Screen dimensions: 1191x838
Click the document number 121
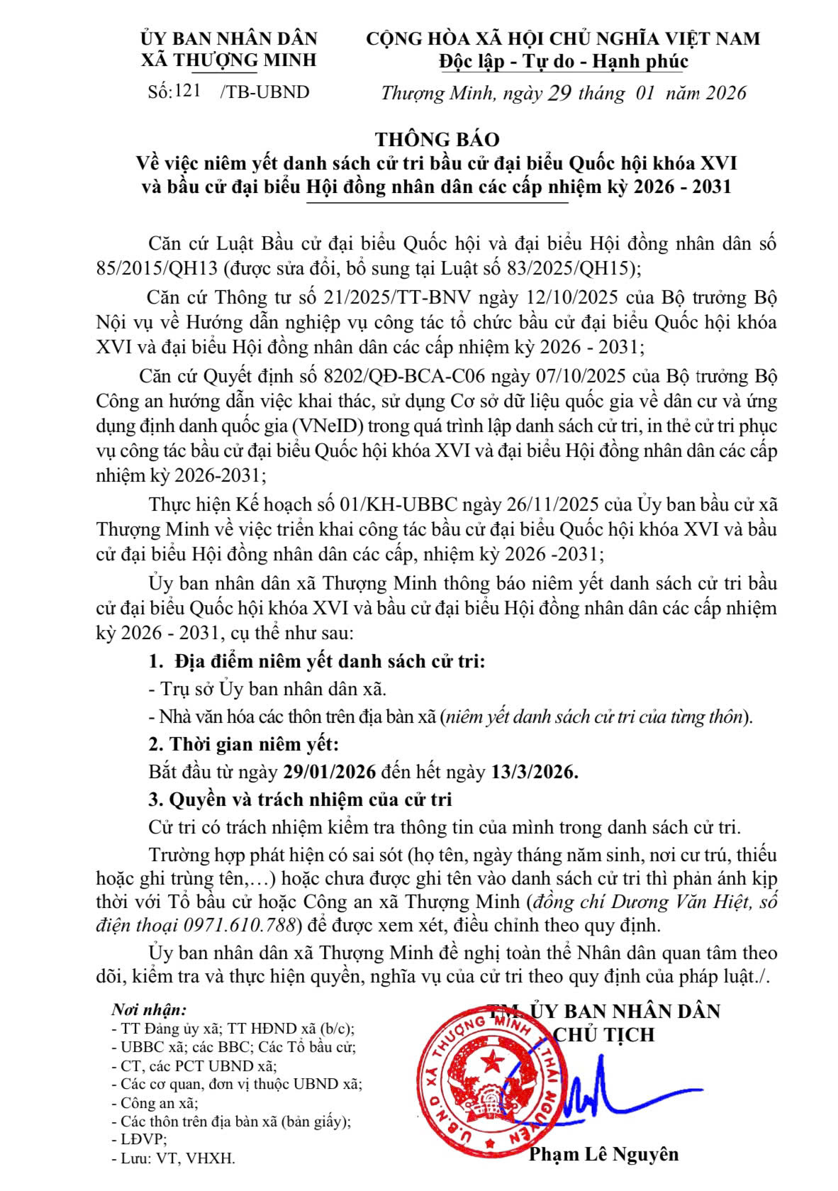click(x=188, y=91)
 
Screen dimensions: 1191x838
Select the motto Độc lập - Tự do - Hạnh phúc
click(x=563, y=62)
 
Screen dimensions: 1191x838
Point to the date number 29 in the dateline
click(x=560, y=93)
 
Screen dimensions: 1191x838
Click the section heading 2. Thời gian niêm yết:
click(x=243, y=745)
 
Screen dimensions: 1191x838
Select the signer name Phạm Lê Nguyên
click(x=603, y=1154)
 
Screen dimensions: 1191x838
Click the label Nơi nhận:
click(x=149, y=1009)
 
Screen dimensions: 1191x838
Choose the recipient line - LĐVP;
click(x=139, y=1139)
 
